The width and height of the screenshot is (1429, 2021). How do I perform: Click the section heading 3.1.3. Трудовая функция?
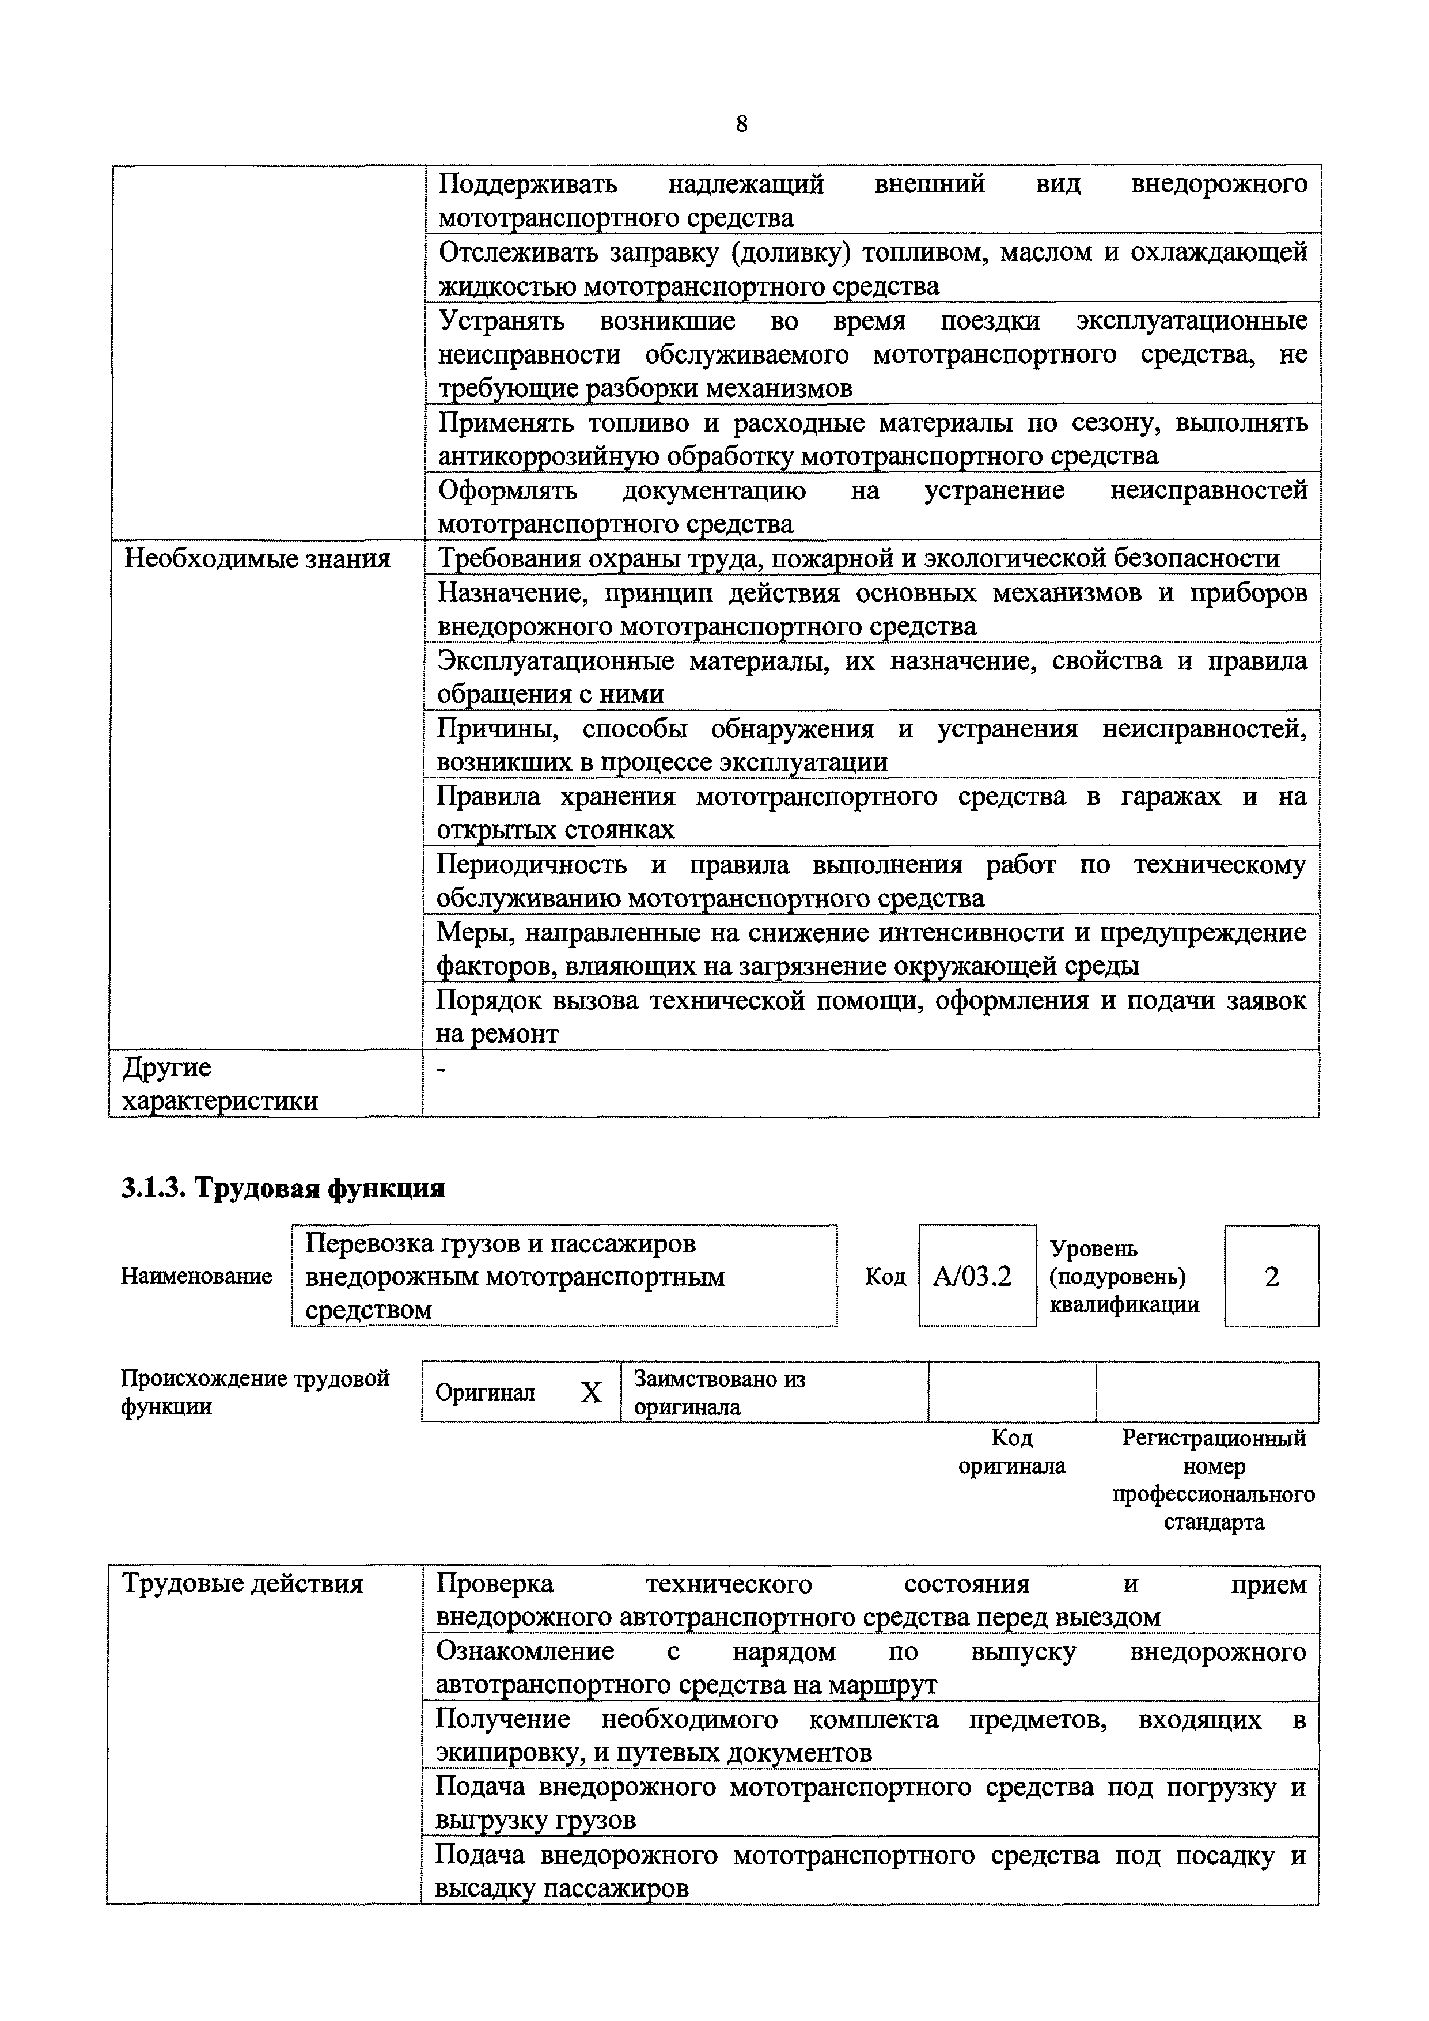coord(282,1189)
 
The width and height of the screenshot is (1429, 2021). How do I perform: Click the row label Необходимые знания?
coord(257,558)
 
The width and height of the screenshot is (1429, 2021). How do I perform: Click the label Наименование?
coord(196,1276)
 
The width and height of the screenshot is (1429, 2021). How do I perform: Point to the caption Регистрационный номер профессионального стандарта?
coord(1214,1479)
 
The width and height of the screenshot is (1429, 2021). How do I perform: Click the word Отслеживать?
coord(517,252)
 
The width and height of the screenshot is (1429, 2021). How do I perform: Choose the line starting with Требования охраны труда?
coord(858,558)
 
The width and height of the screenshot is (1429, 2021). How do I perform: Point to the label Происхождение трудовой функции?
coord(255,1392)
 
